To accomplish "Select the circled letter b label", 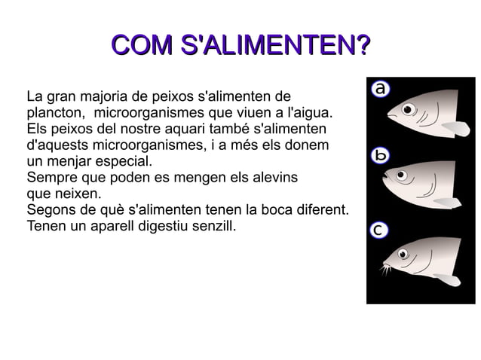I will (381, 156).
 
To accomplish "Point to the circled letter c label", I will (380, 230).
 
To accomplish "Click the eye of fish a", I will (409, 110).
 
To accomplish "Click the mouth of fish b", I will (385, 176).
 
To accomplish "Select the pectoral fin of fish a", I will (455, 128).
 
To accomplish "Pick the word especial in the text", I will (126, 161).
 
